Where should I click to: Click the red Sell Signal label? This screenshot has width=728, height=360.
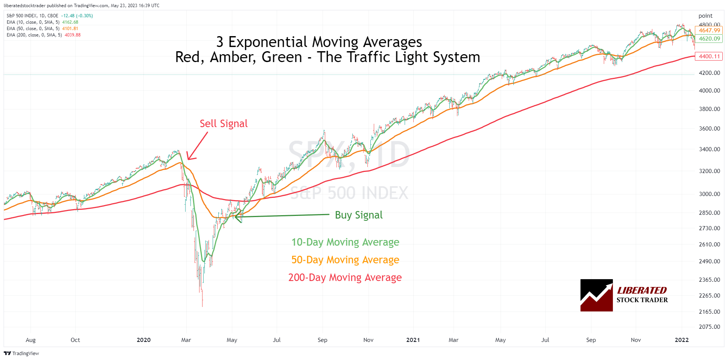pos(224,124)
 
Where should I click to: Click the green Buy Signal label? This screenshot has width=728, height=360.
pos(358,215)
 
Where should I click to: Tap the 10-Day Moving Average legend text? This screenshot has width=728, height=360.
pos(345,242)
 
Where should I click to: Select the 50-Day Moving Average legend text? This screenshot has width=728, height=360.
pos(345,260)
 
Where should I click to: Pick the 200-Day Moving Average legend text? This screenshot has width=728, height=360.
pos(345,278)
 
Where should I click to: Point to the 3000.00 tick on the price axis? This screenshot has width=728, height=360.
pos(709,194)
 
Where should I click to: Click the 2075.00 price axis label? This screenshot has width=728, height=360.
pos(709,327)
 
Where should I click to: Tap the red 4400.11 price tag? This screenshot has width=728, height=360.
pos(709,56)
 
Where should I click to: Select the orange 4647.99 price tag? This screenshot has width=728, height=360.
pos(709,30)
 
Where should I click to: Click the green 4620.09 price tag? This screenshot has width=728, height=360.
pos(709,39)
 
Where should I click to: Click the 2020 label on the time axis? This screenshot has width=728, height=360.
pos(143,340)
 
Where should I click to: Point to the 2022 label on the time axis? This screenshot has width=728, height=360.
pos(681,340)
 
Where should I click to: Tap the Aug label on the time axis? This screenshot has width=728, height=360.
pos(30,340)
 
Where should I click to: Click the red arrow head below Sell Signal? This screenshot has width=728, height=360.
pos(189,158)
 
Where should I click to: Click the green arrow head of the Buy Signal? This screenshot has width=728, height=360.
pos(237,216)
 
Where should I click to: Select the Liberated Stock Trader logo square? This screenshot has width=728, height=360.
pos(596,295)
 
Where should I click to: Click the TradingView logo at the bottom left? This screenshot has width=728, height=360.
pos(21,353)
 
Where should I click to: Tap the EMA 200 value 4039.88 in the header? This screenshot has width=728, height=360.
pos(73,35)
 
